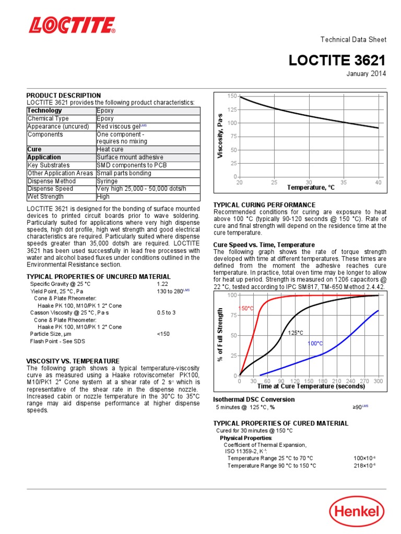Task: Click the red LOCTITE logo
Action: click(x=72, y=26)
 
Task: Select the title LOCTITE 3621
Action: click(x=337, y=61)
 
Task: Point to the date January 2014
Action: click(x=367, y=74)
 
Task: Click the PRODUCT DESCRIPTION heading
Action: click(x=64, y=95)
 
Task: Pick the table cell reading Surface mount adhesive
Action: click(x=130, y=157)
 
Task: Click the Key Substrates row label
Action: click(x=48, y=165)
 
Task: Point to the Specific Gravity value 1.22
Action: click(x=162, y=284)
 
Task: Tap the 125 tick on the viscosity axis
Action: click(x=231, y=110)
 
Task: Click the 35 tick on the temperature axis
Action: click(x=344, y=182)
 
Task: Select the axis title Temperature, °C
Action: click(x=311, y=187)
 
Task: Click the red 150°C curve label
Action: click(x=246, y=309)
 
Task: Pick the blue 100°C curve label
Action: click(x=315, y=344)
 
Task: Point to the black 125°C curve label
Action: click(x=296, y=333)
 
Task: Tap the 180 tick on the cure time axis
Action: click(x=323, y=381)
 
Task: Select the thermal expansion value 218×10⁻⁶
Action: click(x=364, y=466)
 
